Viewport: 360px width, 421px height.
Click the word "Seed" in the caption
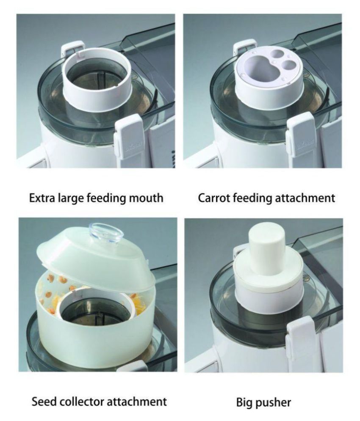tap(44, 401)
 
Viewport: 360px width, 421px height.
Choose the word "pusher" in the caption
tap(276, 402)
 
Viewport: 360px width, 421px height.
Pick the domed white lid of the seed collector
tap(95, 260)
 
